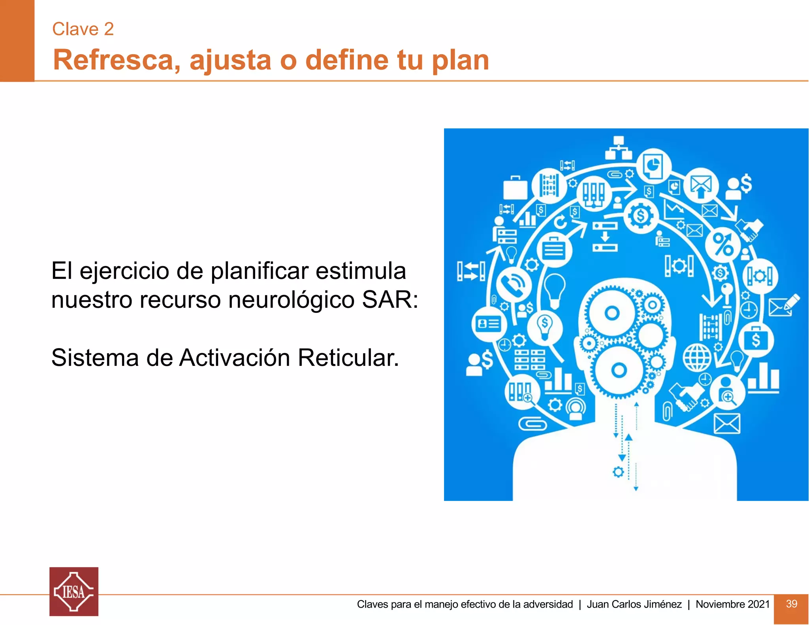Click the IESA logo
pos(74,591)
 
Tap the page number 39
pos(791,604)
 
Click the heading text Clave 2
pos(83,29)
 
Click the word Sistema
pos(95,358)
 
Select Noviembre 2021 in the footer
pos(732,604)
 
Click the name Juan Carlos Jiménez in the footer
pos(634,604)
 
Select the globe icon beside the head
pos(697,358)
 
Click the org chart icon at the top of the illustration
pos(619,148)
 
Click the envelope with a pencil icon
pos(784,305)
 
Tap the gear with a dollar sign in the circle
pos(641,216)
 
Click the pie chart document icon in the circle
pos(653,165)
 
